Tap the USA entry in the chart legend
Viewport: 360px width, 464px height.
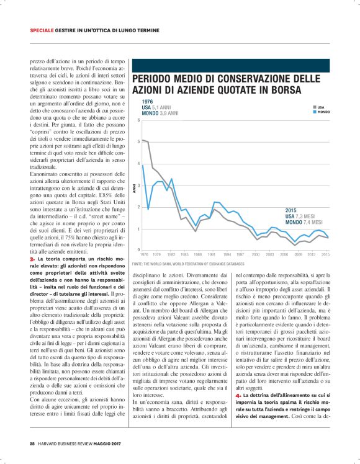click(320, 107)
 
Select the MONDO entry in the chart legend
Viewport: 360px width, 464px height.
click(322, 112)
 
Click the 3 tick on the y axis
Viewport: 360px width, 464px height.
click(138, 185)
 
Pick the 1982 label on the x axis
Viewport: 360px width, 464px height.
click(171, 254)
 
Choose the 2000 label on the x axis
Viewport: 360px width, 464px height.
click(256, 254)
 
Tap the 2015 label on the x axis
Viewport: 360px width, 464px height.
click(326, 254)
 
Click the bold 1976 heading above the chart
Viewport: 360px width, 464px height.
click(147, 102)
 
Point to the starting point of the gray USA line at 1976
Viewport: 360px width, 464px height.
click(142, 140)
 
